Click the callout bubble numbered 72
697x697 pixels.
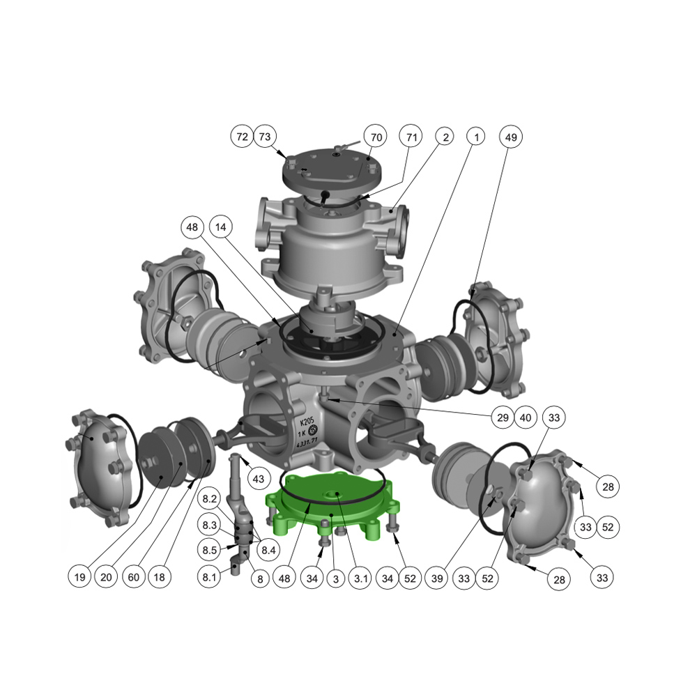(242, 137)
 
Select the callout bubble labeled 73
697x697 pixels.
(265, 137)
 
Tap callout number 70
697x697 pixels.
(376, 137)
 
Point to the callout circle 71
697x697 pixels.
(411, 137)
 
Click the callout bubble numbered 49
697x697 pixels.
(511, 137)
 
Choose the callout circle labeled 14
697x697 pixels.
(220, 227)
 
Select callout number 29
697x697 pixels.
(503, 418)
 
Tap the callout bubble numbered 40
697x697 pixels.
(526, 418)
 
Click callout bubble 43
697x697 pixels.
(259, 479)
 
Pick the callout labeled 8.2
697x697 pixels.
(209, 499)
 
